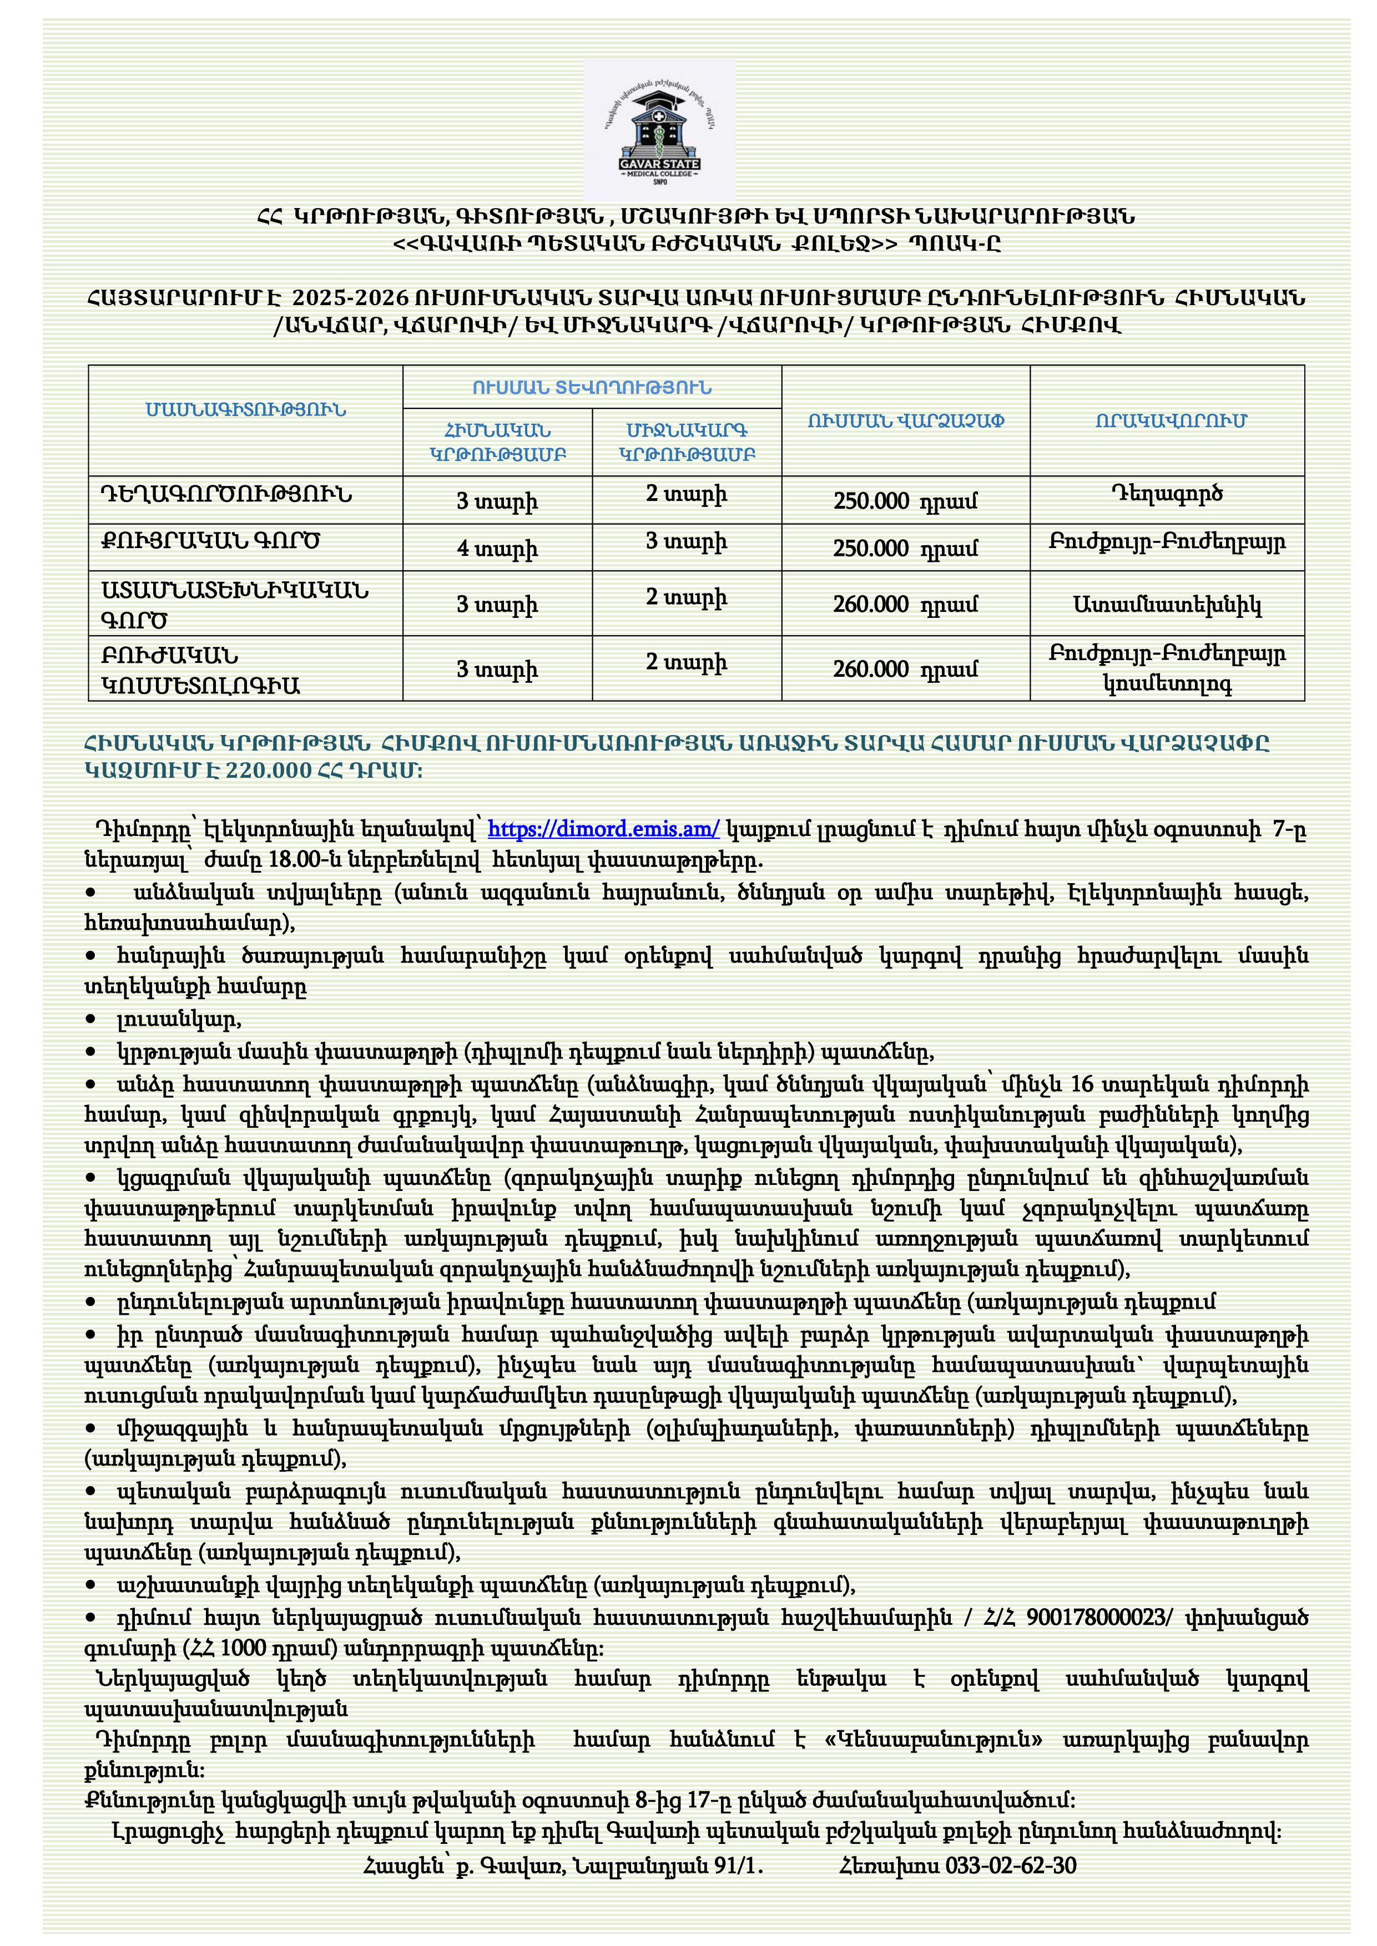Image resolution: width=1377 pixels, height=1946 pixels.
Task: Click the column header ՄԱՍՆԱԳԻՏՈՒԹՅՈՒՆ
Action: tap(246, 410)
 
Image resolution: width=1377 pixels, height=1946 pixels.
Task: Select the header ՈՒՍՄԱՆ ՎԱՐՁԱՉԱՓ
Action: tap(906, 421)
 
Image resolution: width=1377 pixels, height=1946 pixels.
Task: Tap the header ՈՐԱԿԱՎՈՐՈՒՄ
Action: tap(1170, 421)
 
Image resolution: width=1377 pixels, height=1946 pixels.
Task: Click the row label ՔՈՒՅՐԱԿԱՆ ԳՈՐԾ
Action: tap(210, 541)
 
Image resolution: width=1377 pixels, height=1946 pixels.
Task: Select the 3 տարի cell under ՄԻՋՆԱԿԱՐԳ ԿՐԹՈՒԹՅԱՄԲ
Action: tap(686, 541)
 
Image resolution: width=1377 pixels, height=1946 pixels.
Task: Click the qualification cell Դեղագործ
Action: tap(1167, 494)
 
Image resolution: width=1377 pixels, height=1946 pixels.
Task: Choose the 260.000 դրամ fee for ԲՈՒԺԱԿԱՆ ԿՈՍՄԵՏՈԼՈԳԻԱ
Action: tap(905, 670)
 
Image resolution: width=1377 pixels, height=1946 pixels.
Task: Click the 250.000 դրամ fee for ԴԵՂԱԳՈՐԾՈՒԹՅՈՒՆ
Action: tap(905, 501)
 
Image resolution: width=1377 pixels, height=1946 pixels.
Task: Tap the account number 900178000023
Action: tap(1096, 1618)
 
